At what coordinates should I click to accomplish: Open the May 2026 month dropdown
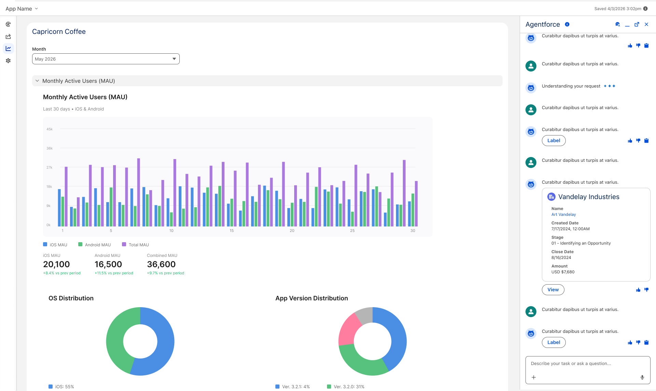point(106,59)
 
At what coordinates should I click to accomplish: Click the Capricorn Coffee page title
point(59,31)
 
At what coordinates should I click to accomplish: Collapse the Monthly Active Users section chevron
point(37,81)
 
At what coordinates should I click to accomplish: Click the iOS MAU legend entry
point(55,245)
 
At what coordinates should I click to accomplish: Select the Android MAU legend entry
point(94,245)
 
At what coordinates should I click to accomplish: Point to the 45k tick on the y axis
point(50,129)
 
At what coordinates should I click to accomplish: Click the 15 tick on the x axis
point(232,231)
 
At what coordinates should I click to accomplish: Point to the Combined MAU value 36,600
point(161,264)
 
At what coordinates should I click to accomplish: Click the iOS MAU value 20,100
point(56,264)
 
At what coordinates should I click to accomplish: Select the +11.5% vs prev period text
point(114,273)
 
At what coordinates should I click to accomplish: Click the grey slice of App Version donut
point(365,315)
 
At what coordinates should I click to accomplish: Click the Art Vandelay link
point(563,214)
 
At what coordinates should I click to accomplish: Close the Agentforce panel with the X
point(646,24)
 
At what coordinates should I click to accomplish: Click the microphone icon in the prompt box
point(642,377)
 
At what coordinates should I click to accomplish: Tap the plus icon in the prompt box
point(534,377)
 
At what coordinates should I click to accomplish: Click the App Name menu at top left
point(22,9)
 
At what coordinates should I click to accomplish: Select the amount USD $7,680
point(563,272)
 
